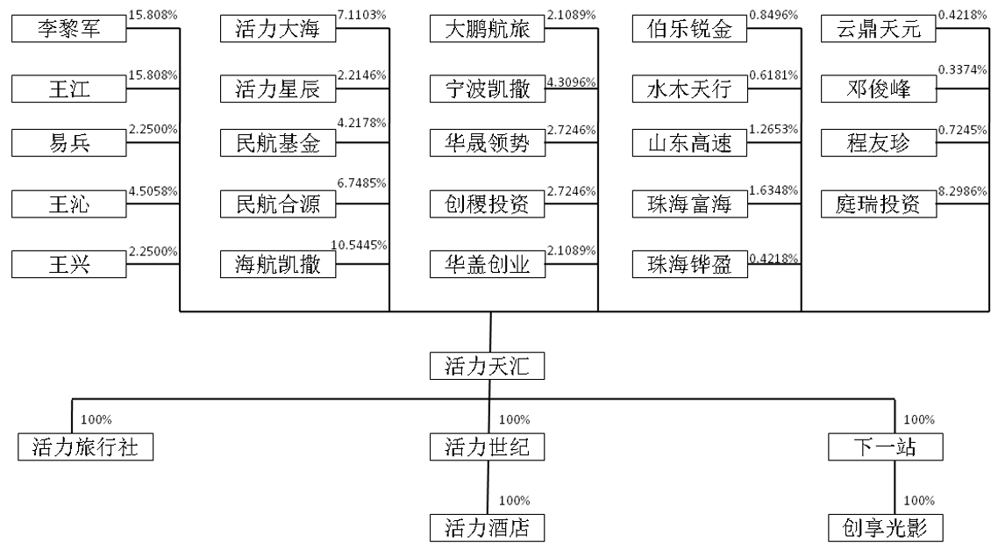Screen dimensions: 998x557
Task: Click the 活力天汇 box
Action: pos(487,366)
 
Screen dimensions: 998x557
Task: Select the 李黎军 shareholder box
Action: pos(68,29)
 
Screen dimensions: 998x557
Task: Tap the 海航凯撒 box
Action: pos(277,264)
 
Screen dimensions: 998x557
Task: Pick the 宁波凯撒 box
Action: pos(488,89)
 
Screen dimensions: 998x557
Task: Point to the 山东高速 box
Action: pos(690,143)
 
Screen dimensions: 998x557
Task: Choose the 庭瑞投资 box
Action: pos(879,204)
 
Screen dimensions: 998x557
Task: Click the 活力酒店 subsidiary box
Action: pos(487,528)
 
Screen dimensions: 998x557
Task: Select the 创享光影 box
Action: pos(886,528)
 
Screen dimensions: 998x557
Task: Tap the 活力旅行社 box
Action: pos(85,446)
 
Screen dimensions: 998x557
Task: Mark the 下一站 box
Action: pos(886,446)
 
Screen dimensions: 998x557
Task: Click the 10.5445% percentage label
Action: pos(359,245)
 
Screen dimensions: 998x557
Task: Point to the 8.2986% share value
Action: pos(962,190)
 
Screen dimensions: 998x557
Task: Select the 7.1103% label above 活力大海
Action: pos(361,15)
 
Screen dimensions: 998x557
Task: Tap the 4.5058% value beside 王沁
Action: pos(153,191)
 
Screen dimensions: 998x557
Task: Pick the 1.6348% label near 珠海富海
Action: pos(773,190)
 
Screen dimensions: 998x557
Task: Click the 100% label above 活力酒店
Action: pos(514,501)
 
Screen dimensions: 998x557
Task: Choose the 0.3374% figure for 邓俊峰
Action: pos(962,69)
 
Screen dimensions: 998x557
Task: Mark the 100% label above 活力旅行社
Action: pos(96,419)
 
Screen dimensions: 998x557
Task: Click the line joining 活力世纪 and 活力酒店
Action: pos(488,488)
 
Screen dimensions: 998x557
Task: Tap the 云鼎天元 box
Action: pos(879,29)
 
